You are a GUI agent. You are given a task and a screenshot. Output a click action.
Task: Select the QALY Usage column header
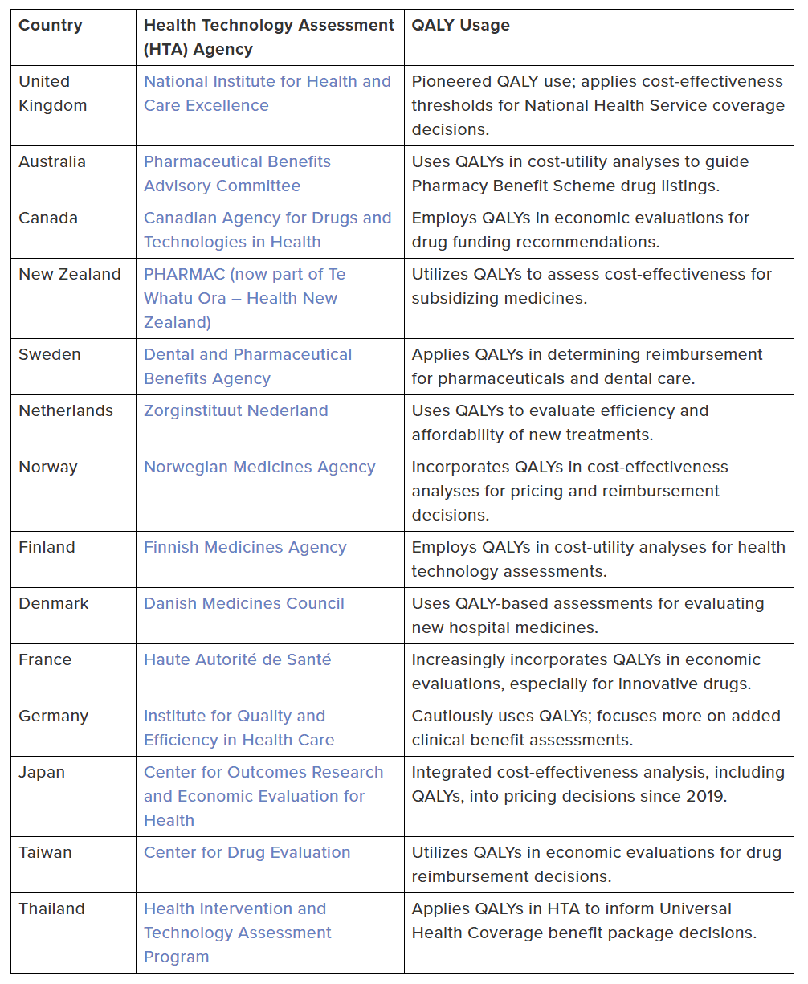pyautogui.click(x=460, y=25)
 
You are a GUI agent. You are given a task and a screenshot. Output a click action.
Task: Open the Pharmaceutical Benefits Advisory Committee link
pyautogui.click(x=237, y=174)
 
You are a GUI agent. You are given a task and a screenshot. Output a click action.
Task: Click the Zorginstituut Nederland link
pyautogui.click(x=235, y=410)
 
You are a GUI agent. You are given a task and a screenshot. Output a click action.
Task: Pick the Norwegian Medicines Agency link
pyautogui.click(x=259, y=467)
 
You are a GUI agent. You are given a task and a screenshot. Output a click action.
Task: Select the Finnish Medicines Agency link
pyautogui.click(x=245, y=547)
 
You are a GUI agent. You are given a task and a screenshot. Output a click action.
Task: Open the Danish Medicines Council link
pyautogui.click(x=243, y=603)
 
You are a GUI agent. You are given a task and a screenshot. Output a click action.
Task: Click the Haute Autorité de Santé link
pyautogui.click(x=237, y=659)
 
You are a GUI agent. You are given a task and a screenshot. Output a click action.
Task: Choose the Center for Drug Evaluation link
pyautogui.click(x=247, y=852)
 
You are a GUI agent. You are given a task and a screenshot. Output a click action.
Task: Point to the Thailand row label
pyautogui.click(x=51, y=908)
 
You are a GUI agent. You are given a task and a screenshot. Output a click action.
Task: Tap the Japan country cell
pyautogui.click(x=42, y=772)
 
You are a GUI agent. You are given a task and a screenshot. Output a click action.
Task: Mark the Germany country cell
pyautogui.click(x=53, y=716)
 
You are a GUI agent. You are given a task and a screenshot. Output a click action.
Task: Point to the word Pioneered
pyautogui.click(x=452, y=81)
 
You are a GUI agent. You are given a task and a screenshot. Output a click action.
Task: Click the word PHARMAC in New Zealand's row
pyautogui.click(x=182, y=274)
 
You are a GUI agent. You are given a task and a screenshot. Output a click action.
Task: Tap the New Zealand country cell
pyautogui.click(x=69, y=274)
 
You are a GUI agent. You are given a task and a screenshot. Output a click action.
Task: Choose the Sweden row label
pyautogui.click(x=50, y=354)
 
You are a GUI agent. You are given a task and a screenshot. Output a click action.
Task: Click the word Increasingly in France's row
pyautogui.click(x=459, y=659)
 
